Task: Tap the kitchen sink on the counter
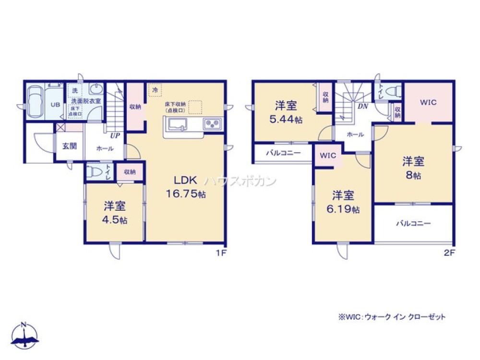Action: click(x=178, y=124)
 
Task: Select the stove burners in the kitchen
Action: click(x=211, y=123)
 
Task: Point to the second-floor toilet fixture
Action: click(x=394, y=91)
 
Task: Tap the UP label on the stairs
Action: click(x=115, y=136)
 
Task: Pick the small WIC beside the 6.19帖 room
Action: click(x=328, y=156)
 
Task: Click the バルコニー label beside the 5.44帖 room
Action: click(x=284, y=153)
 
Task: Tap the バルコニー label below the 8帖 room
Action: click(x=413, y=223)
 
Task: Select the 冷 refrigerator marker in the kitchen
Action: click(x=155, y=90)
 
